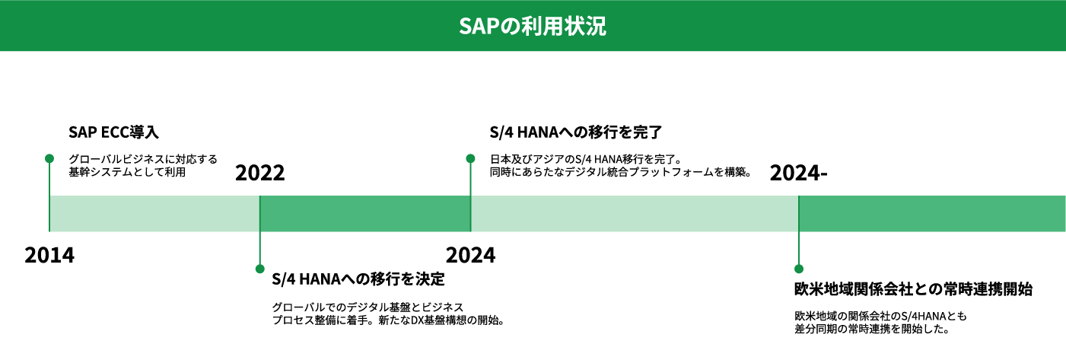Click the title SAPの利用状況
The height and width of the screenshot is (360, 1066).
coord(533,26)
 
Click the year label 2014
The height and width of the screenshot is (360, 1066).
coord(49,255)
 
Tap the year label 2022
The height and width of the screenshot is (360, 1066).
coord(259,173)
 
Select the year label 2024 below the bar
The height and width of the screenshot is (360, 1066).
coord(471,255)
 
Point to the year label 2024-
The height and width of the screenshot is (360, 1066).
coord(798,173)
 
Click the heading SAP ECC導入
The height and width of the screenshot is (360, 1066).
coord(113,132)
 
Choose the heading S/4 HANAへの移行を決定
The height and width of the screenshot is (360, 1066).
coord(358,279)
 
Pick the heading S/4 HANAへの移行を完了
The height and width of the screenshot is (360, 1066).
coord(576,132)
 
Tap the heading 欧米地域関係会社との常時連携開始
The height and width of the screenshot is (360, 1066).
coord(913,289)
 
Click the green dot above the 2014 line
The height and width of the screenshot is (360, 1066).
coord(49,158)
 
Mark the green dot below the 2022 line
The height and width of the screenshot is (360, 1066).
coord(259,269)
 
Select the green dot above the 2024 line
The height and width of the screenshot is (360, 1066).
coord(471,158)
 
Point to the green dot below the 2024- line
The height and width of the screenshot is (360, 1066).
coord(799,269)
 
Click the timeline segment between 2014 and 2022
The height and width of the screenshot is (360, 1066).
coord(154,214)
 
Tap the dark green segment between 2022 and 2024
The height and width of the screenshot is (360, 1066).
coord(365,214)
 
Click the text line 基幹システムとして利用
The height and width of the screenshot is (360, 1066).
coord(127,172)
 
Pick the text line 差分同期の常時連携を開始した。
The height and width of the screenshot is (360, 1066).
coord(872,329)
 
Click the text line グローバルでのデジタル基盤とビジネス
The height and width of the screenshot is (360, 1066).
coord(368,307)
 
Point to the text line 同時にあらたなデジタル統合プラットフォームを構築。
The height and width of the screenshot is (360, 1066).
coord(621,172)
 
